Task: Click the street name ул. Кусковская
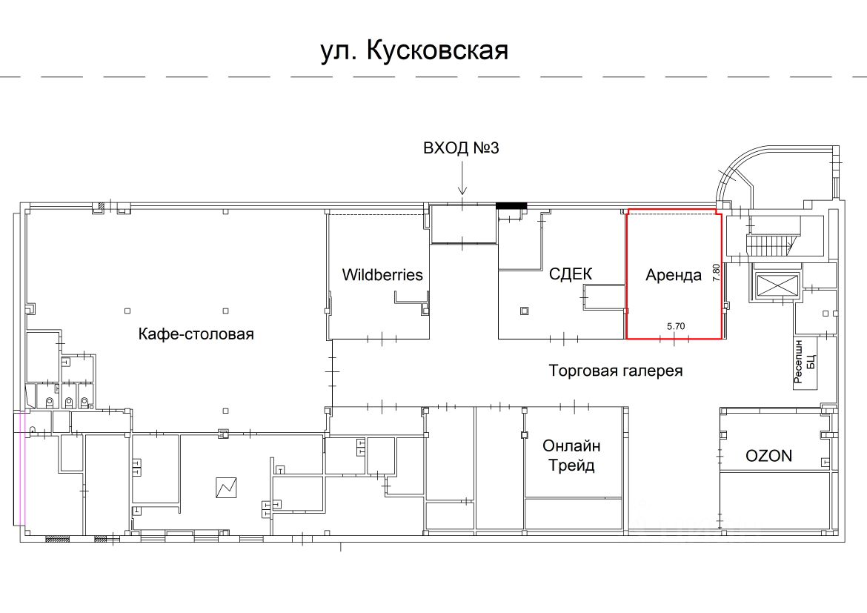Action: coord(414,51)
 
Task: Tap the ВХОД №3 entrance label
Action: coord(461,148)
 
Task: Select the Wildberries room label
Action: coord(382,275)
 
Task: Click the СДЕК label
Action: coord(570,274)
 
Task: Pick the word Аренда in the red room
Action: coord(674,275)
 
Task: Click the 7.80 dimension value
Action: coord(717,273)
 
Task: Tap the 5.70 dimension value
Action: coord(676,326)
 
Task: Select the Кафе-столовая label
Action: coord(196,334)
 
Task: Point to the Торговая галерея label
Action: coord(615,371)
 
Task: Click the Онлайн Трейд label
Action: coord(571,455)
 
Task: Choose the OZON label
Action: coord(768,456)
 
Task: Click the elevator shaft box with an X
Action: coord(777,287)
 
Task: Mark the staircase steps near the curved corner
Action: coord(770,245)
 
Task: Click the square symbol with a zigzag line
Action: coord(226,488)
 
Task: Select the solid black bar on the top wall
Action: coord(511,206)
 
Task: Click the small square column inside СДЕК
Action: coord(524,311)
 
